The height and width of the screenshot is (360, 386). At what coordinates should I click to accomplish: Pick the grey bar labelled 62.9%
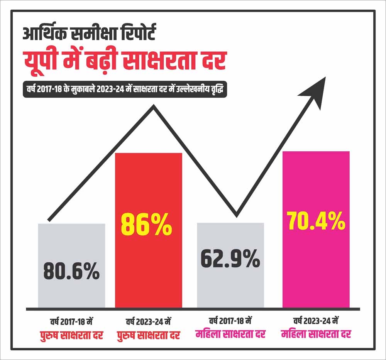[230, 286]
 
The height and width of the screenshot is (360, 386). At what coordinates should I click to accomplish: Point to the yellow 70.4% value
[316, 221]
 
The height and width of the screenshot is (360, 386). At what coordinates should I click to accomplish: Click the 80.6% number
[71, 271]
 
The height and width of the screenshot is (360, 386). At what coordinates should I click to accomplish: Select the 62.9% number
[230, 259]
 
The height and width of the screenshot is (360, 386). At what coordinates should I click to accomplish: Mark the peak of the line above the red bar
[154, 107]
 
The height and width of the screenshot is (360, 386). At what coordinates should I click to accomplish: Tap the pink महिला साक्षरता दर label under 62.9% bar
[230, 334]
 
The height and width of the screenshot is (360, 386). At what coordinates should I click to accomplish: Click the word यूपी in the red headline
[41, 62]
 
